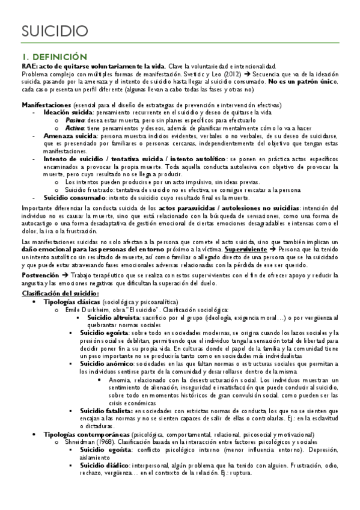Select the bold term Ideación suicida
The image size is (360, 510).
click(x=68, y=112)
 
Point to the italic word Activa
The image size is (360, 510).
click(x=75, y=127)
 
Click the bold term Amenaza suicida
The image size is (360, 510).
click(x=70, y=136)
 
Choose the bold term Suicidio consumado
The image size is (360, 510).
click(x=73, y=198)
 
